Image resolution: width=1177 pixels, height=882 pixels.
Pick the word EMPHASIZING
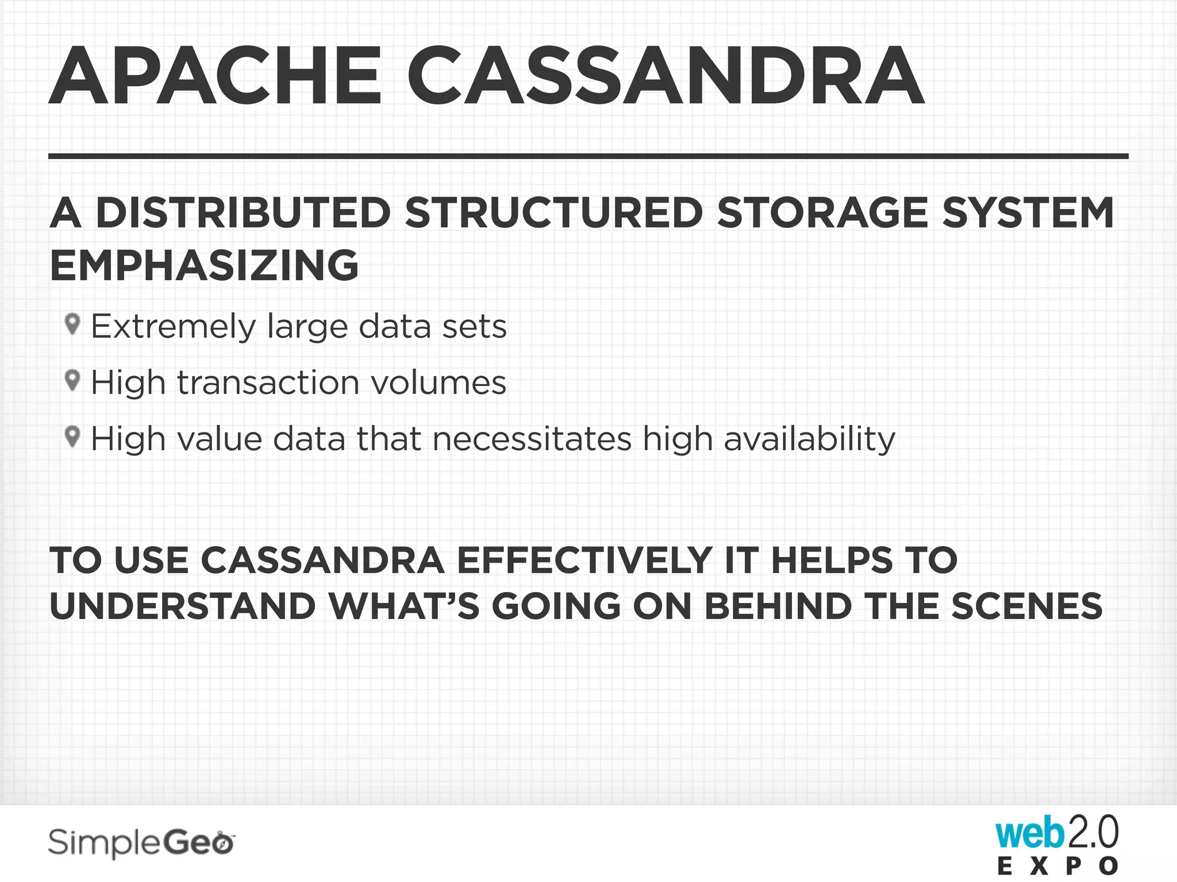(x=204, y=265)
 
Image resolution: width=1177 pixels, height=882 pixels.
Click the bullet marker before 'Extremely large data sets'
(x=72, y=324)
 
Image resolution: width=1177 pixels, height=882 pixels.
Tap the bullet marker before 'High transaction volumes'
(x=72, y=380)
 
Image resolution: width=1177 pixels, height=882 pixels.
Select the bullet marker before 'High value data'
(x=72, y=436)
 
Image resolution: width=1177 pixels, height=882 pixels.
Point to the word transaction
(x=268, y=382)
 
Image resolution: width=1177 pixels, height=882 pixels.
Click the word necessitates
(x=532, y=439)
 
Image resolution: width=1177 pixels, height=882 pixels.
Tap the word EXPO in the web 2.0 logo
(x=1057, y=866)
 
